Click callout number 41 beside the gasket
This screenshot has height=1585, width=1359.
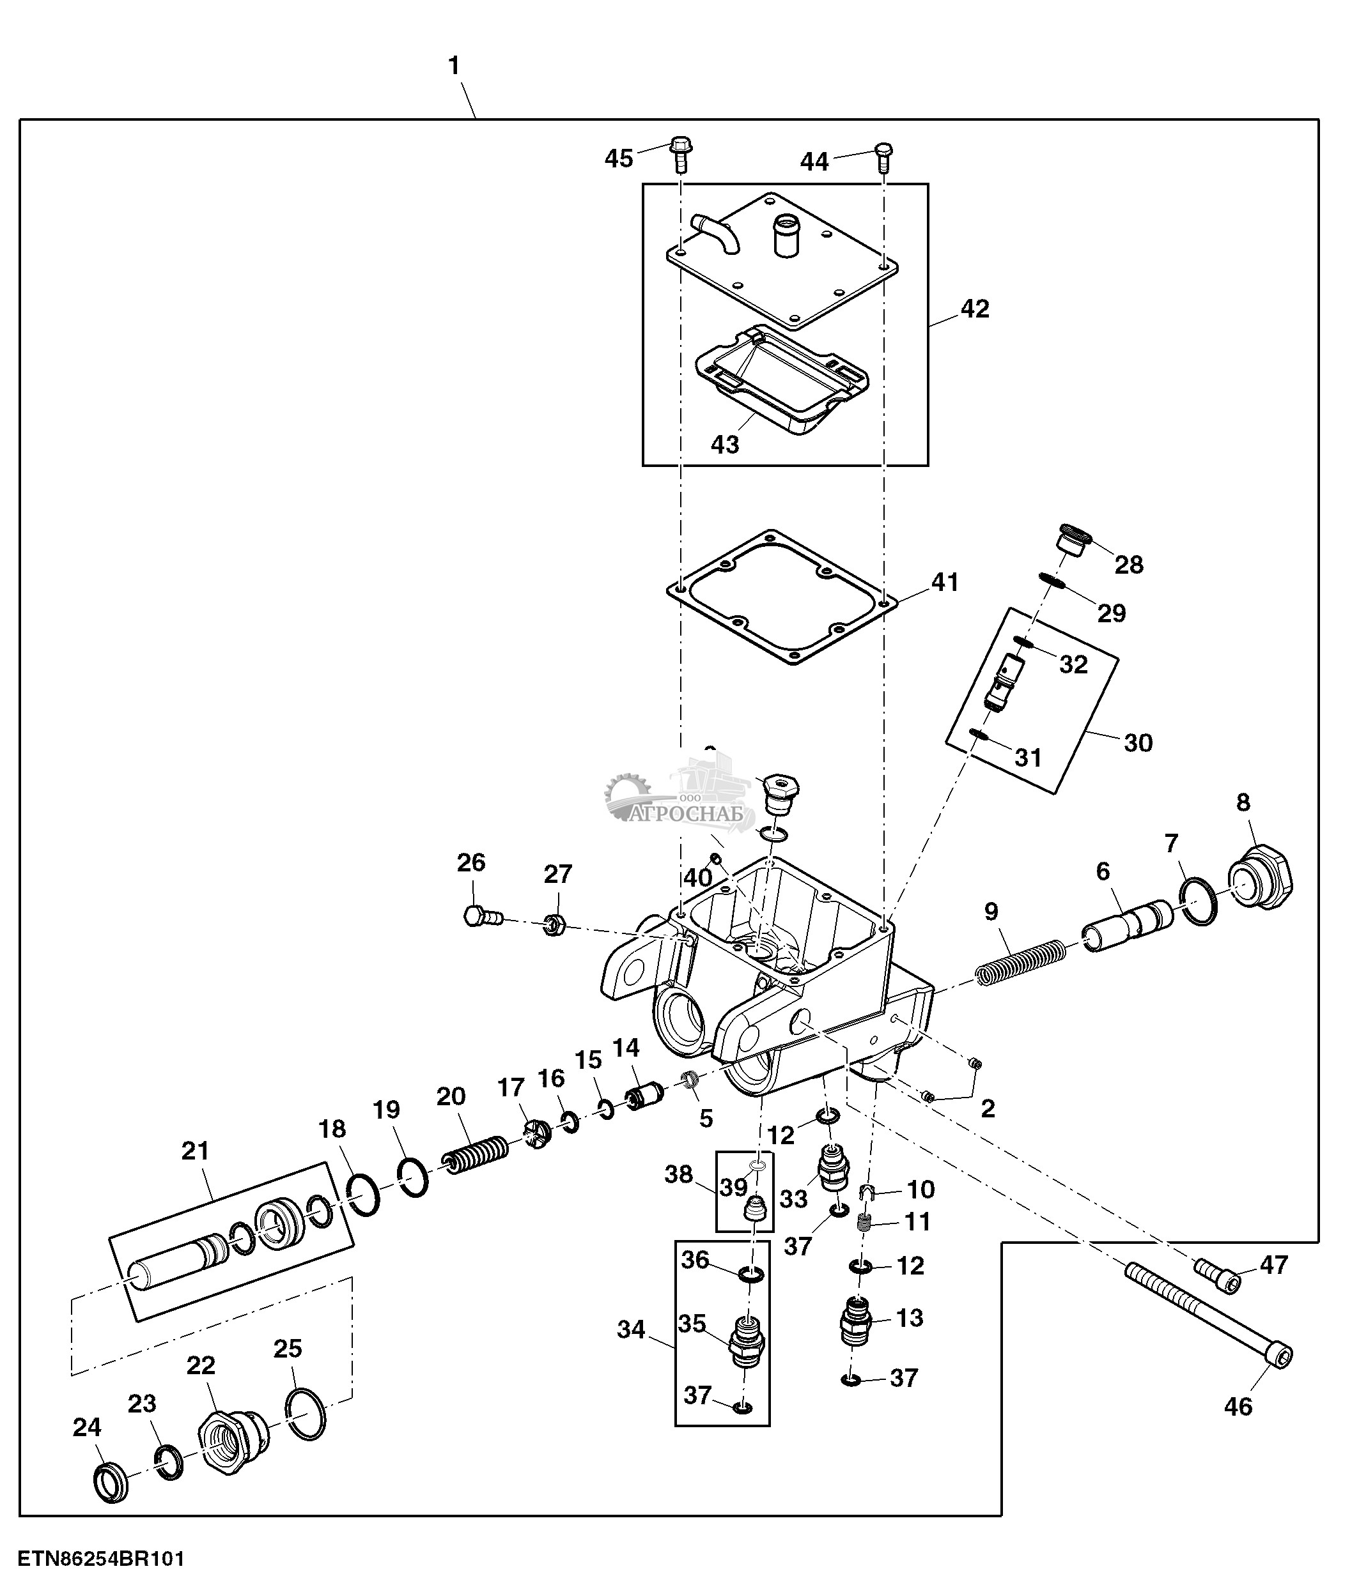[944, 583]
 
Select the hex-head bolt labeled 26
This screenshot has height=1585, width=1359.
[481, 915]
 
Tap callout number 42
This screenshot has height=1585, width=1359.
[974, 309]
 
